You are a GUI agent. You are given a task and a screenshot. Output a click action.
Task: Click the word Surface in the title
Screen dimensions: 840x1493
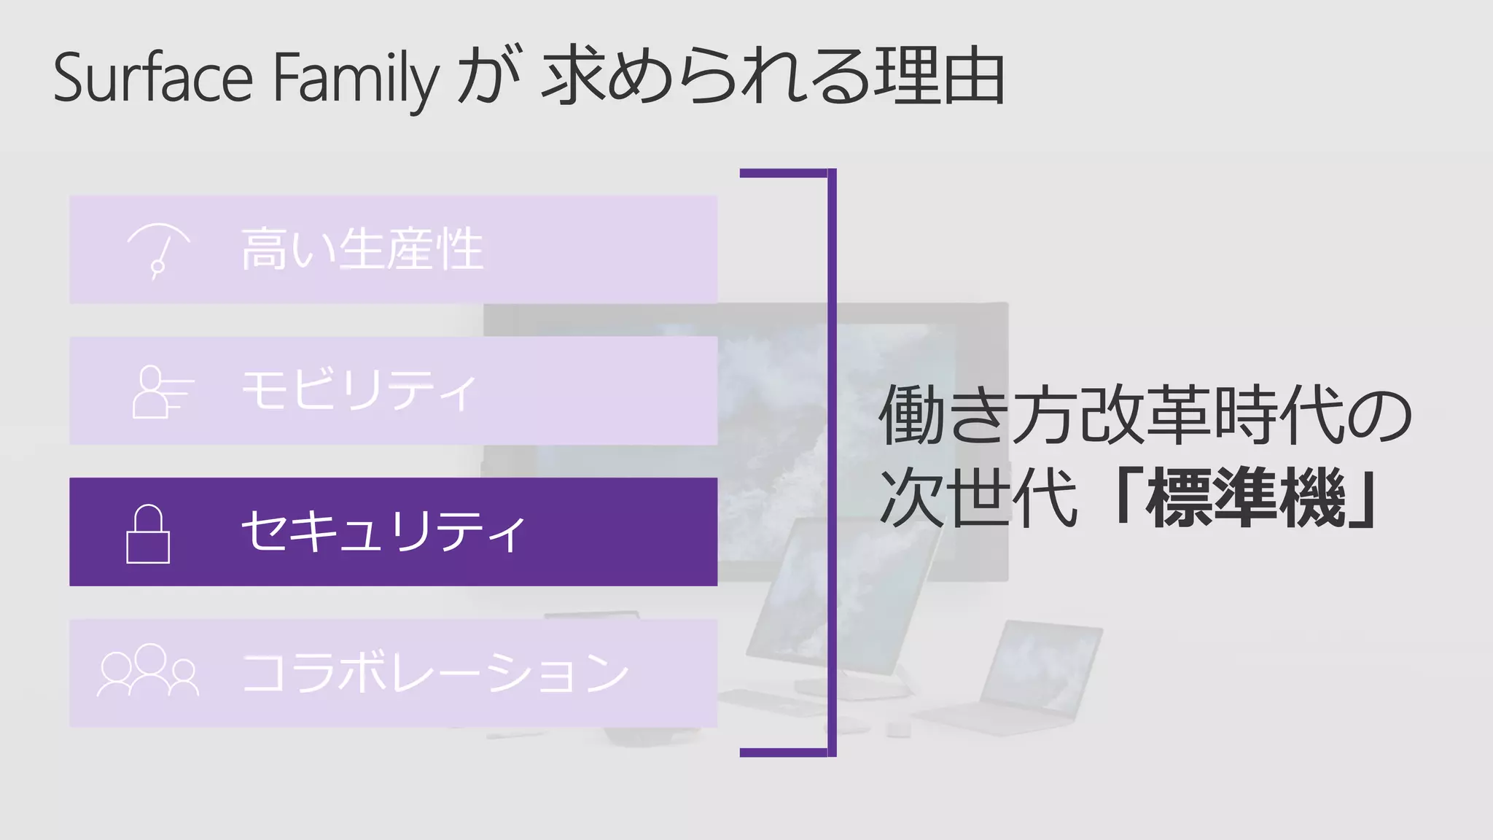(153, 77)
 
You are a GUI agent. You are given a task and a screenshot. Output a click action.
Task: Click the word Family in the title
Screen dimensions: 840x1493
(356, 79)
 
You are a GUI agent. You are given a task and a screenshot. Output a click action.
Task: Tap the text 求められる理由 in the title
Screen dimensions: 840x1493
(773, 77)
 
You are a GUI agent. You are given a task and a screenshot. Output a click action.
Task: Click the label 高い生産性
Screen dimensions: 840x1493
(362, 249)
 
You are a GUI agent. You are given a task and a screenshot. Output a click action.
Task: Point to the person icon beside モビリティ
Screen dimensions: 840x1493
(160, 392)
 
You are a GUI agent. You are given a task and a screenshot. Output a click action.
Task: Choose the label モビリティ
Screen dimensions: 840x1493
(359, 391)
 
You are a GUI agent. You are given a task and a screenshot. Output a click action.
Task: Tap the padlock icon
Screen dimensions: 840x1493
(148, 534)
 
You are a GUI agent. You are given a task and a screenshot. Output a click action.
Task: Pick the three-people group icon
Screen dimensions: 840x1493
(148, 671)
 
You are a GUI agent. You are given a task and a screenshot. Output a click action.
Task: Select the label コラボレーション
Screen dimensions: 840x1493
(434, 673)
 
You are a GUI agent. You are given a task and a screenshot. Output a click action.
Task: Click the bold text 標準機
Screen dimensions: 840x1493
(1245, 499)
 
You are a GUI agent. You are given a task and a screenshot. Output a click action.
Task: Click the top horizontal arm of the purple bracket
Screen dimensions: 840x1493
(784, 174)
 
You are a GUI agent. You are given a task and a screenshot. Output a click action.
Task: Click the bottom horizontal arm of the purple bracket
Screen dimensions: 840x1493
(784, 752)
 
